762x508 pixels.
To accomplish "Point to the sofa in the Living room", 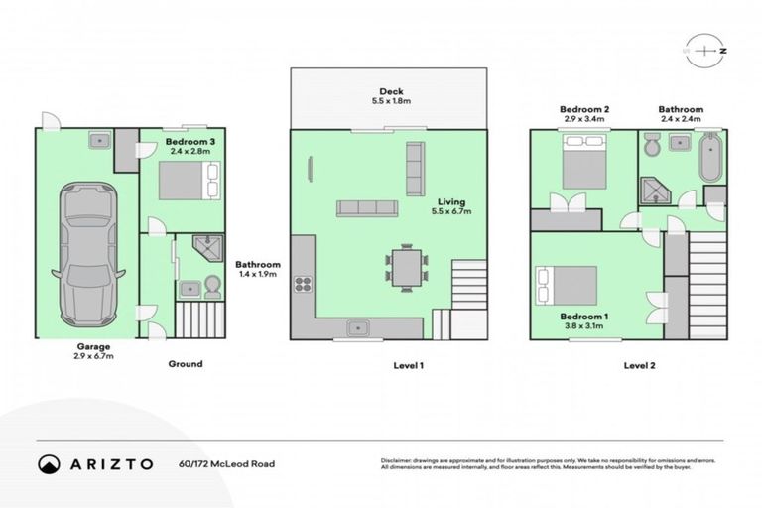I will (x=367, y=208).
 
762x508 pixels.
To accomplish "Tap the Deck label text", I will (x=390, y=90).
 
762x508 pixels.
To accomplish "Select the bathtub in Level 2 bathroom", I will (x=710, y=160).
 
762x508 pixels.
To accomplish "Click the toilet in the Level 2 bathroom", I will (x=651, y=148).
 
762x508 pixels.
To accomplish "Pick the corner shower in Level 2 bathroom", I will (x=655, y=190).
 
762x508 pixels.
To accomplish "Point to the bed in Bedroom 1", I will (x=567, y=286).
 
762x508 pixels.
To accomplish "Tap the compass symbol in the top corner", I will (x=705, y=49).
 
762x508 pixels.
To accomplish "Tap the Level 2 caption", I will (x=641, y=365).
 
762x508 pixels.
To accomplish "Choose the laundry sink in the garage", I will (x=99, y=142).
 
